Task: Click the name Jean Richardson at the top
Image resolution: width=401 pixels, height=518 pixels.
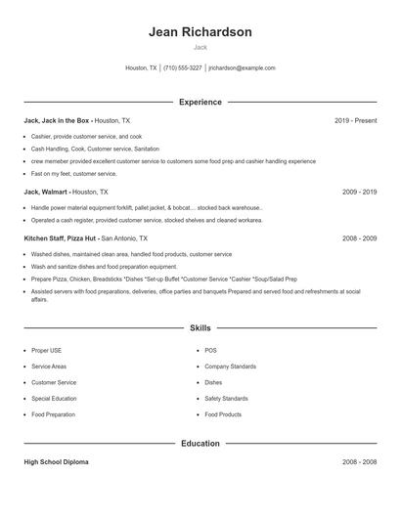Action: pos(200,32)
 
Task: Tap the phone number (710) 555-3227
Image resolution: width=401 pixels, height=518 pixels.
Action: pos(182,68)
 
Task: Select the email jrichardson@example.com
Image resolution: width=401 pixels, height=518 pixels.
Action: pos(242,68)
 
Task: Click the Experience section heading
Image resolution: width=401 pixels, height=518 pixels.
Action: pos(200,102)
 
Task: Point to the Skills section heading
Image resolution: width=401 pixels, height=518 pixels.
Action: pos(200,328)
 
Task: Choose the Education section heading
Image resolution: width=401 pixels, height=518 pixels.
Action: pos(200,443)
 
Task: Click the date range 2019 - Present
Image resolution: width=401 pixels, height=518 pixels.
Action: pos(355,120)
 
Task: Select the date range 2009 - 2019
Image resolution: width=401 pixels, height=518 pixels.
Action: pos(359,193)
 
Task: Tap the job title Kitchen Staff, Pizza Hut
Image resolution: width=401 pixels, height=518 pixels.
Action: pos(61,237)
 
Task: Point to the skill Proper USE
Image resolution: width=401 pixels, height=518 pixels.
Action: pos(46,349)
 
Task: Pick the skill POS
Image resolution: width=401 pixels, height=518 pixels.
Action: pos(210,349)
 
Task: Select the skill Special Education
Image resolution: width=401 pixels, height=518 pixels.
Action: pos(54,399)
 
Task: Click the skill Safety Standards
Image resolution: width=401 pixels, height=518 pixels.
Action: pos(226,399)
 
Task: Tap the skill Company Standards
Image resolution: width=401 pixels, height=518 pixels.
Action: pos(230,366)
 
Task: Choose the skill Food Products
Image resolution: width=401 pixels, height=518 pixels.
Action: pos(222,415)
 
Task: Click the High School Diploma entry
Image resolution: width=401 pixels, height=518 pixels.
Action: pos(56,461)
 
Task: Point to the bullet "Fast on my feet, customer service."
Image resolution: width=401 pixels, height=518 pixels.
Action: pos(73,174)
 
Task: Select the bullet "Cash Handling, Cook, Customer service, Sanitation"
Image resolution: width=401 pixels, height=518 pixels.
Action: pos(94,149)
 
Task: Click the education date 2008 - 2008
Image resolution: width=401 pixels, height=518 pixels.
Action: pos(359,461)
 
